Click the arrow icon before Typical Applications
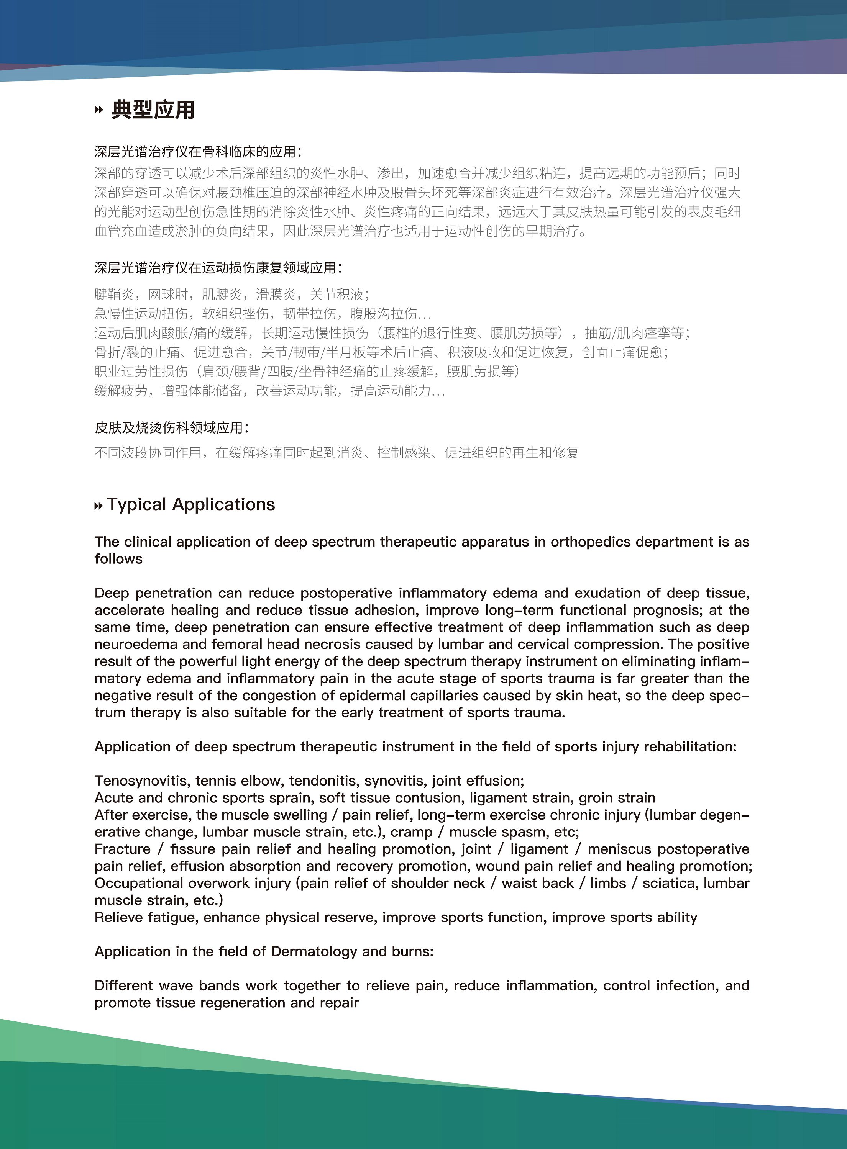click(98, 506)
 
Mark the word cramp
click(411, 832)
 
